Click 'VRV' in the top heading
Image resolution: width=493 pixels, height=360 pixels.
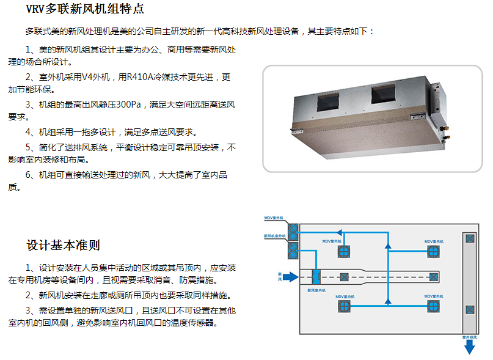[x=38, y=9]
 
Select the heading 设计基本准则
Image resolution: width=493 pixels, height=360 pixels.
[x=63, y=245]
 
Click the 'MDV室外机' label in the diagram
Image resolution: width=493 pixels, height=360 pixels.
[x=274, y=218]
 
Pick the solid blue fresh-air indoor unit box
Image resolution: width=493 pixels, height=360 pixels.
[x=316, y=276]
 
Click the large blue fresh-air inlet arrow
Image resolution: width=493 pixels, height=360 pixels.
[x=291, y=277]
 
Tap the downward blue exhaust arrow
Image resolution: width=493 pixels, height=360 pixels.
[x=469, y=347]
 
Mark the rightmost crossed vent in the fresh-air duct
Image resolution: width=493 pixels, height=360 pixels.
[x=432, y=277]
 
